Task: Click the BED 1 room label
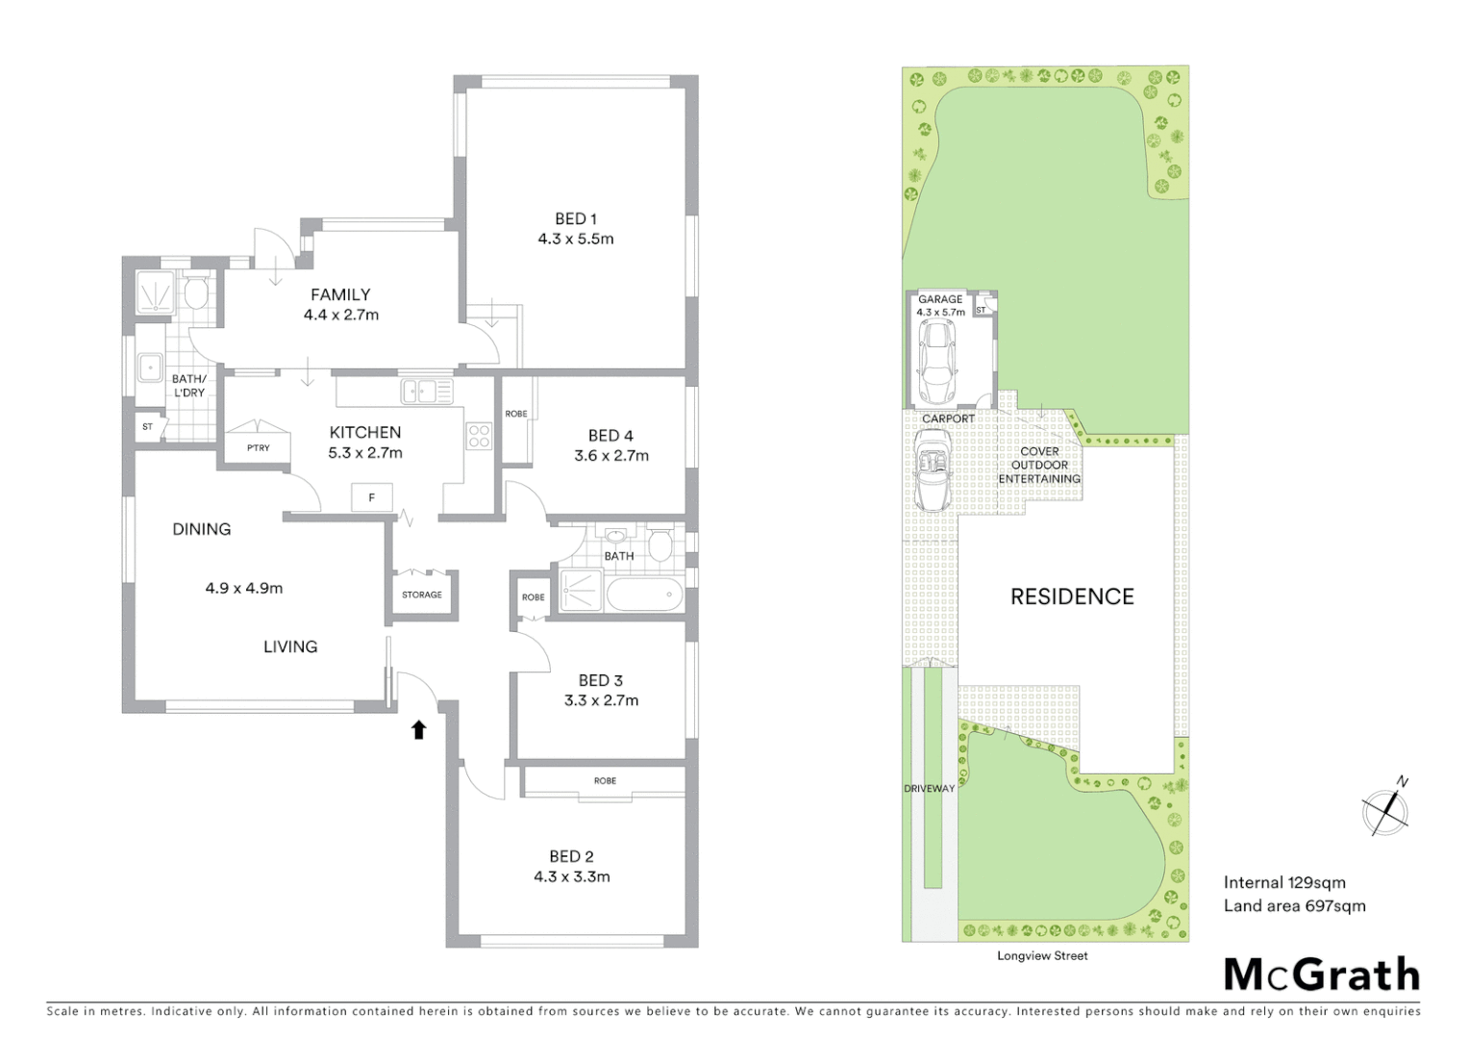coord(575,218)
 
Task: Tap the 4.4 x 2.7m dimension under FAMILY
coord(340,315)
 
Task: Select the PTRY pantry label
coord(258,448)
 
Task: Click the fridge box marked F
coord(371,497)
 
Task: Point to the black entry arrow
coord(418,730)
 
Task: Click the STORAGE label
coord(422,595)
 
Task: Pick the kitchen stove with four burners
coord(479,436)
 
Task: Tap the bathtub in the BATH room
coord(644,594)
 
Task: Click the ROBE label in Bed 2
coord(605,781)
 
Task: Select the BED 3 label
coord(601,680)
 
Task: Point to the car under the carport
coord(931,469)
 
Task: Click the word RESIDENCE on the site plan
coord(1072,596)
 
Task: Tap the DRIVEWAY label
coord(929,789)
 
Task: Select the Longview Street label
coord(1042,955)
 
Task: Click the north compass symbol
coord(1385,810)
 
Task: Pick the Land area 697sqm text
coord(1294,905)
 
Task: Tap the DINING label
coord(202,528)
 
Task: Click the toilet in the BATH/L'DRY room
coord(196,293)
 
